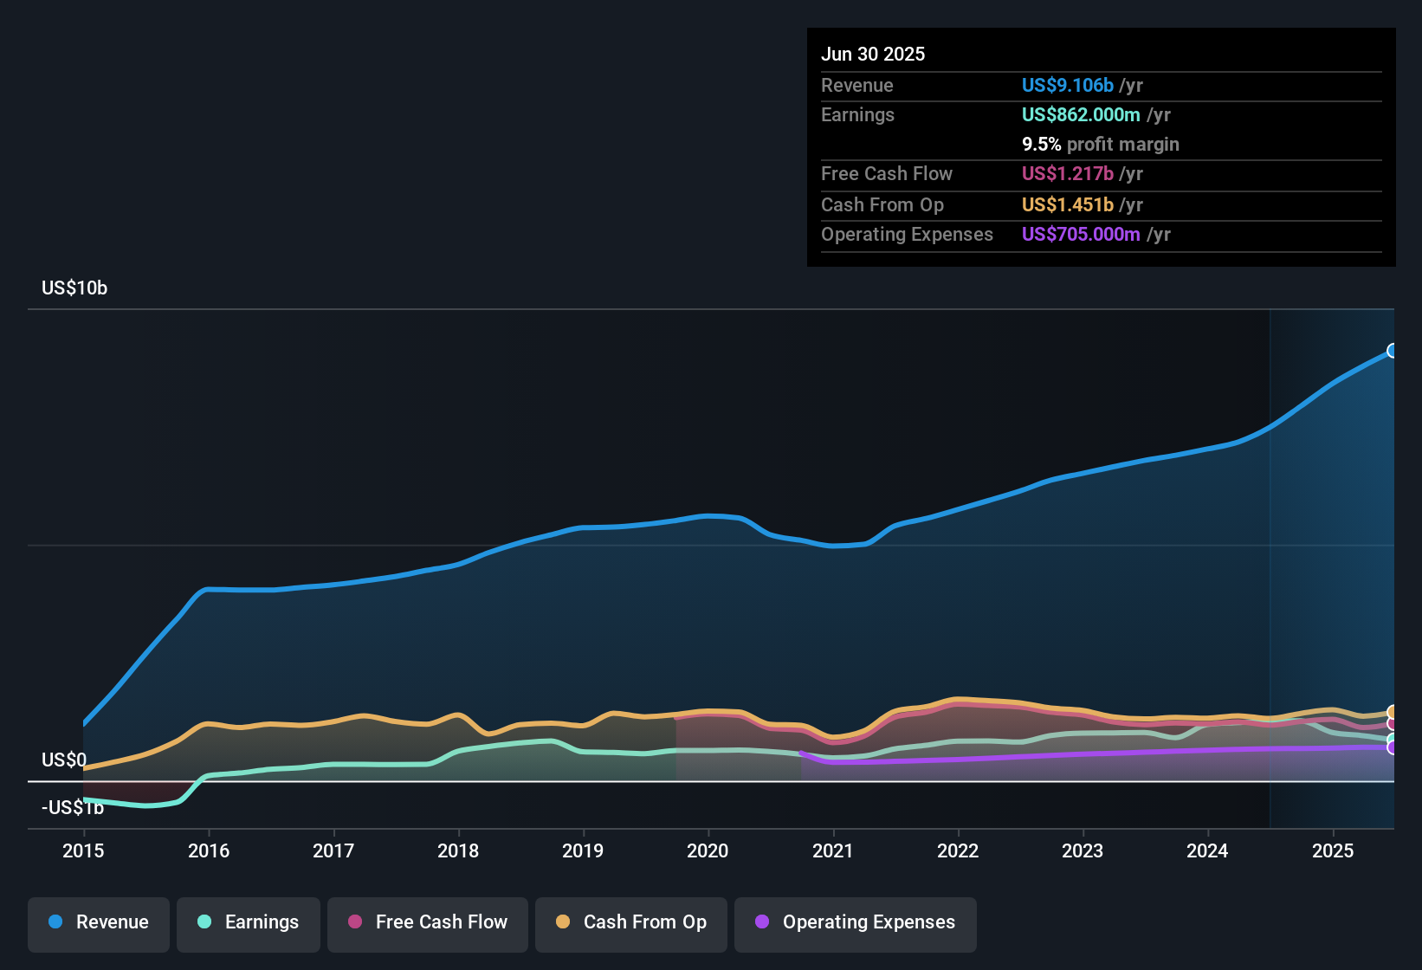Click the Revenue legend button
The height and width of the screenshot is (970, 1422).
(x=99, y=922)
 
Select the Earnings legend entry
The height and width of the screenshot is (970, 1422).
(x=249, y=922)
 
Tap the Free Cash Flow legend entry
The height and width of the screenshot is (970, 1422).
(x=428, y=922)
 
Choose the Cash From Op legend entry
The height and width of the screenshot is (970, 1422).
(x=631, y=922)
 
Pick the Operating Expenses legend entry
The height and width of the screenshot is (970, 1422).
(x=856, y=922)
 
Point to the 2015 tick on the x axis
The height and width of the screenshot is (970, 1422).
(x=83, y=850)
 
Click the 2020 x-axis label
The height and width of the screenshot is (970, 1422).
(x=708, y=850)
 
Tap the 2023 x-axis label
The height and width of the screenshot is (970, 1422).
(x=1083, y=850)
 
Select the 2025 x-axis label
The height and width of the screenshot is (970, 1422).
(x=1333, y=850)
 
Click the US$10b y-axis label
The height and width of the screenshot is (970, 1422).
(x=74, y=288)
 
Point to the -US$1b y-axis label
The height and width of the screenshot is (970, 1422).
(x=73, y=808)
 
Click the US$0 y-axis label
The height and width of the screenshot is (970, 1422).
(x=64, y=760)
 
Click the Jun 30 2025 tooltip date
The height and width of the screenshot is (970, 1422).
(x=873, y=54)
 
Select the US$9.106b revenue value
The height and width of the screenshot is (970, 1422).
(x=1067, y=85)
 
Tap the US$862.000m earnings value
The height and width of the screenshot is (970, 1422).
(x=1081, y=114)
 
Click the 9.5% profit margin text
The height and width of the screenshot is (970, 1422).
(x=1100, y=145)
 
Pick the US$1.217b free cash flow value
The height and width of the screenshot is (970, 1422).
(x=1067, y=173)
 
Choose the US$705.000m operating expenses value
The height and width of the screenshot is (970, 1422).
(x=1081, y=234)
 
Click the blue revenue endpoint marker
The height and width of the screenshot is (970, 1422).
(x=1393, y=351)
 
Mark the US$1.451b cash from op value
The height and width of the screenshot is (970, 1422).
(x=1067, y=204)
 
